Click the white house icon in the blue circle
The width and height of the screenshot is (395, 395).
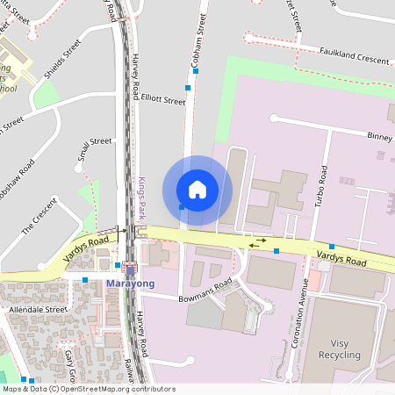tap(197, 190)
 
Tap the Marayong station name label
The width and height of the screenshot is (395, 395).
tap(130, 284)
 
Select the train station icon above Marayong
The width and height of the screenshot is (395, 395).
tap(131, 269)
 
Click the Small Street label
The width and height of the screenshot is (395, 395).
tap(94, 151)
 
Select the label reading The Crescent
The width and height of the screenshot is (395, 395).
tap(39, 214)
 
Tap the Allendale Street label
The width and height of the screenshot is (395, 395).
tap(38, 310)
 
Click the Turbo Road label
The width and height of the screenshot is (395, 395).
tap(321, 189)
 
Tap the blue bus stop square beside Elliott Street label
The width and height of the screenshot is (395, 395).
tap(188, 88)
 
